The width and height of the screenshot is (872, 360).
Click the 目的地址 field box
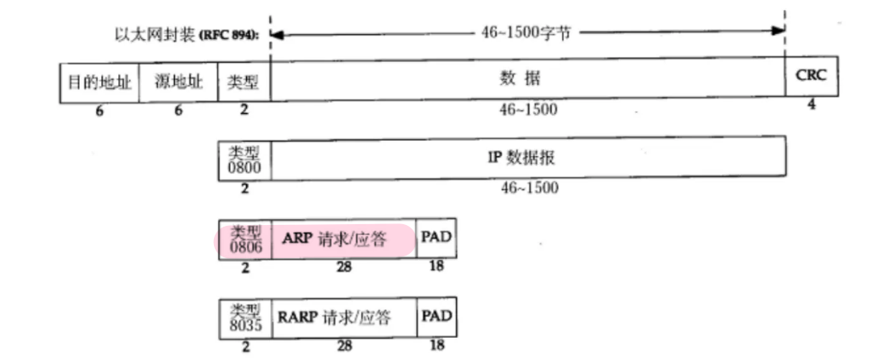(x=98, y=82)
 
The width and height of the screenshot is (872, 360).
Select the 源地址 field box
(x=178, y=82)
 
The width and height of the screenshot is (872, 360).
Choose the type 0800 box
(x=245, y=159)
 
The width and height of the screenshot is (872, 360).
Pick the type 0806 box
(x=245, y=240)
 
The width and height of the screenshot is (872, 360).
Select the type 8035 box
(x=245, y=319)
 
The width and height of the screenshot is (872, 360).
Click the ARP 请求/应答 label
(x=343, y=240)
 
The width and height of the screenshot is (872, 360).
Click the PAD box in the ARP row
(x=436, y=239)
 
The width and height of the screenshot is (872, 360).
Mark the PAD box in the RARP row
(x=436, y=318)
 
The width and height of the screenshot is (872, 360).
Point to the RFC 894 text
(x=232, y=36)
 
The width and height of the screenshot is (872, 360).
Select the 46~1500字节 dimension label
(x=526, y=32)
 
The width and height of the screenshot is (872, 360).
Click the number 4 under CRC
(x=811, y=106)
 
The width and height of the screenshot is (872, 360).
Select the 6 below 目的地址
(x=98, y=110)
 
